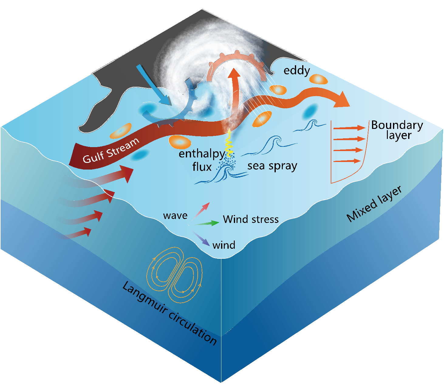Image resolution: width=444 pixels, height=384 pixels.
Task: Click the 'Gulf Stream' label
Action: point(111,150)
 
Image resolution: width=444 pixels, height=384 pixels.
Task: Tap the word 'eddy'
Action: point(297,71)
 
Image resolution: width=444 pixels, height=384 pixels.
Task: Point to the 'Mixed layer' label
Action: point(374,204)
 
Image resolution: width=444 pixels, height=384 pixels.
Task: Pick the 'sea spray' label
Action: point(272,166)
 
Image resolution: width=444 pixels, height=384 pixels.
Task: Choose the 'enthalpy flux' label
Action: point(202,160)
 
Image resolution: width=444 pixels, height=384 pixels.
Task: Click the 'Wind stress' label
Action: point(251,219)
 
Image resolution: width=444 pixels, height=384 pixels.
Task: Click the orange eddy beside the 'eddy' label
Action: point(318,79)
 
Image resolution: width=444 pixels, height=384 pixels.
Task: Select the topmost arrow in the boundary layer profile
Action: point(349,128)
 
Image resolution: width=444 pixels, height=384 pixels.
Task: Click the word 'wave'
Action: point(175,216)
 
